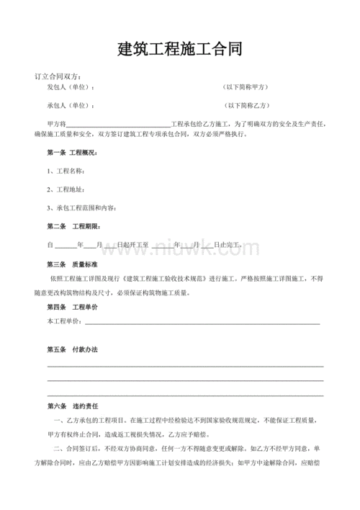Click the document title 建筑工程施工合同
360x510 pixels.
(180, 50)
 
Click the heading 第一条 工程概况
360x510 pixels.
(72, 153)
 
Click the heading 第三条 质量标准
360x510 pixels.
(72, 264)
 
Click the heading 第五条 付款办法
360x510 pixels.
(72, 349)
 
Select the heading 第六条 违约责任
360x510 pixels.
(72, 406)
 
